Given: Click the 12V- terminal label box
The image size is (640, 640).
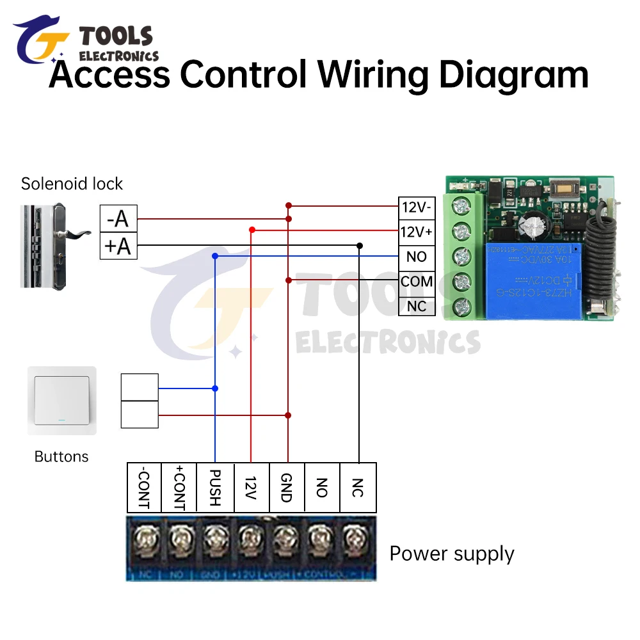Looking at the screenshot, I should click(x=416, y=207).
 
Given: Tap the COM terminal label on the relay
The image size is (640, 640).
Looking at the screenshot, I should click(x=416, y=281).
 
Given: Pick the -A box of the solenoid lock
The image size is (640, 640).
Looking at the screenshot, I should click(x=118, y=219).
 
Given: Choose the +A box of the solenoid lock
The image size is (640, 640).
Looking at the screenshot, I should click(x=118, y=246).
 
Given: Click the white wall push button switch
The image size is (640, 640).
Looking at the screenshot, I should click(x=62, y=401).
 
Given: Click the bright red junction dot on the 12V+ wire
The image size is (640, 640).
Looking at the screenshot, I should click(x=252, y=229).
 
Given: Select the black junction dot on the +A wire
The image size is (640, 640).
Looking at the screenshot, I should click(x=360, y=245).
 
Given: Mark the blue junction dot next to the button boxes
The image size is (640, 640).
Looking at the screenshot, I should click(x=215, y=388).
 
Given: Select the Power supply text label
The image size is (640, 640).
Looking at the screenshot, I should click(x=452, y=554).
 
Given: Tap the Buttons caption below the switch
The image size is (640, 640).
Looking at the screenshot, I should click(x=61, y=456).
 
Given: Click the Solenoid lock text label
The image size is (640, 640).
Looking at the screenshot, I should click(x=72, y=184).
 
